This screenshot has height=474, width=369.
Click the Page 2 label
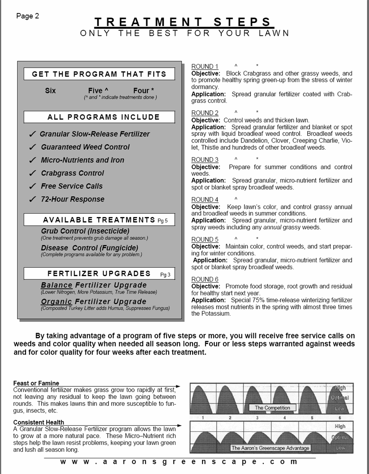(27, 16)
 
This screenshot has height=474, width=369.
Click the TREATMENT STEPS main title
(183, 22)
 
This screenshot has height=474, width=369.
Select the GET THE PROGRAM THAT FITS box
(99, 74)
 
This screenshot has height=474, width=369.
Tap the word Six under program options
(50, 91)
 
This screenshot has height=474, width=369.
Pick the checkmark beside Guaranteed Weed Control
(33, 147)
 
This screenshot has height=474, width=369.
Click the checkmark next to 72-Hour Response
(33, 199)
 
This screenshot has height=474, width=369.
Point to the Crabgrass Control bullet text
(72, 173)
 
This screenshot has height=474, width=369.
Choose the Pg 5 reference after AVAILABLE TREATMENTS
(163, 221)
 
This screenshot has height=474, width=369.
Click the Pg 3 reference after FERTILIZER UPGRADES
(165, 275)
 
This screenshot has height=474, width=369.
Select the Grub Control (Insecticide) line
(85, 231)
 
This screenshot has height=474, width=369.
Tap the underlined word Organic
(56, 302)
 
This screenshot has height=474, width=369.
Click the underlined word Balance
(56, 285)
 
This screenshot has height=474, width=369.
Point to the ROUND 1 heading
(205, 66)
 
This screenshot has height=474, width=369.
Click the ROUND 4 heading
(205, 200)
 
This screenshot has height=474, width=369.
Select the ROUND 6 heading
(205, 279)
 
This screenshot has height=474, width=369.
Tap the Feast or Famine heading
(36, 383)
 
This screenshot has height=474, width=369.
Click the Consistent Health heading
(38, 423)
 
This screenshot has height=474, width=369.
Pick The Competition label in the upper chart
(272, 408)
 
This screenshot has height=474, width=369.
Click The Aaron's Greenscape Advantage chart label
(270, 448)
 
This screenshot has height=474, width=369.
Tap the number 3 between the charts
(257, 418)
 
